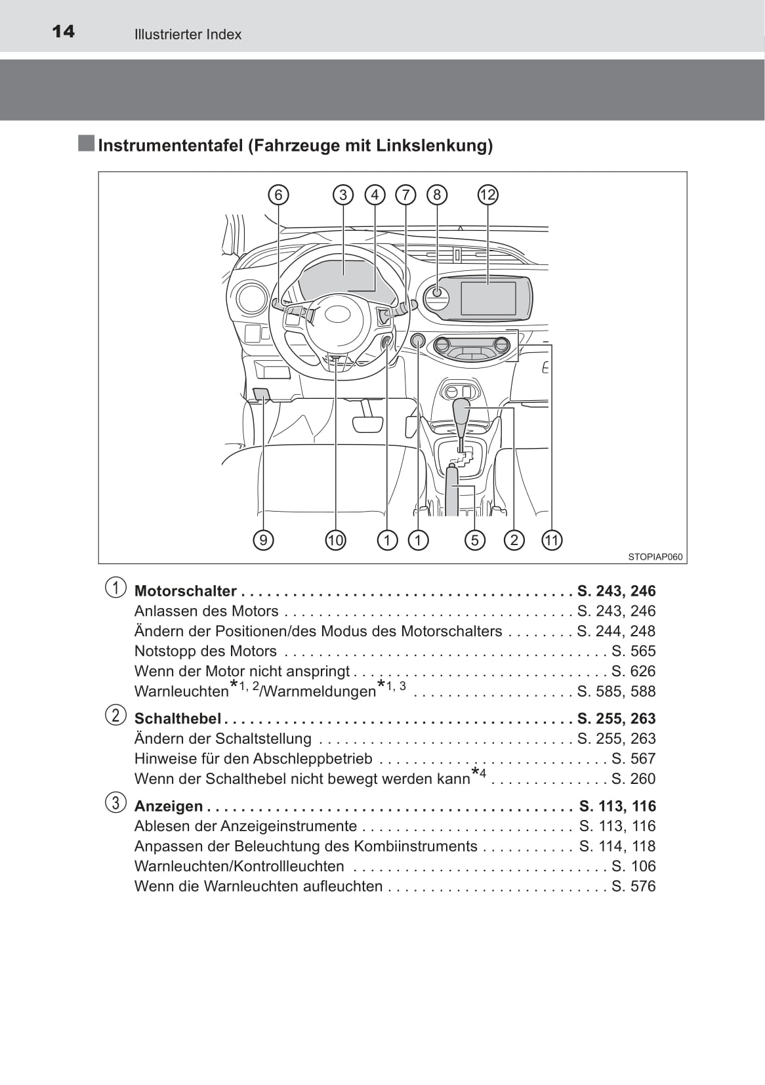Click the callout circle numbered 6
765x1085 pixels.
coord(278,195)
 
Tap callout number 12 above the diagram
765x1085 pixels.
coord(487,195)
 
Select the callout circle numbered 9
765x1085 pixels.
coord(263,540)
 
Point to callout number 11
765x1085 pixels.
coord(552,540)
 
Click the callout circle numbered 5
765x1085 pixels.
coord(474,540)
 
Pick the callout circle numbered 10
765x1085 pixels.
coord(335,540)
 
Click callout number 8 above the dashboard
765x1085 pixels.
coord(437,195)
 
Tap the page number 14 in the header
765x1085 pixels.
coord(63,31)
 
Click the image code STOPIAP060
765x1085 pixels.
coord(655,557)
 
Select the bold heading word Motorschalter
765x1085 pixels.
coord(185,591)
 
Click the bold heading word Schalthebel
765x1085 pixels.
coord(177,718)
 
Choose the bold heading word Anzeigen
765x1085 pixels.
coord(169,806)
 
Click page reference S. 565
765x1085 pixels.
coord(633,651)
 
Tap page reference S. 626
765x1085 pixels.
coord(633,671)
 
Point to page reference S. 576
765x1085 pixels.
coord(633,886)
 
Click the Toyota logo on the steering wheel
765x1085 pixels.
coord(338,314)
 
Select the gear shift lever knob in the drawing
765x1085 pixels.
coord(463,413)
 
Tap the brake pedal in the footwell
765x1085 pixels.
coord(367,423)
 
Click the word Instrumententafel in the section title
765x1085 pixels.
coord(170,145)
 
